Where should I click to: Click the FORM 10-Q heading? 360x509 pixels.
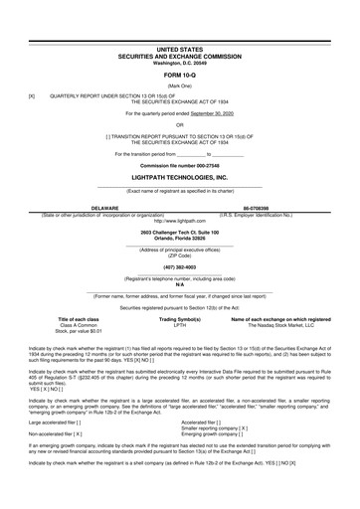tap(179, 75)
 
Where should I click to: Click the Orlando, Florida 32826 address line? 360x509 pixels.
tap(179, 239)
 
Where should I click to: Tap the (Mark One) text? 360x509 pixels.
tap(179, 85)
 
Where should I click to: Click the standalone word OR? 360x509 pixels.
tap(179, 124)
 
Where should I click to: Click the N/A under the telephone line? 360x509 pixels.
tap(179, 284)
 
